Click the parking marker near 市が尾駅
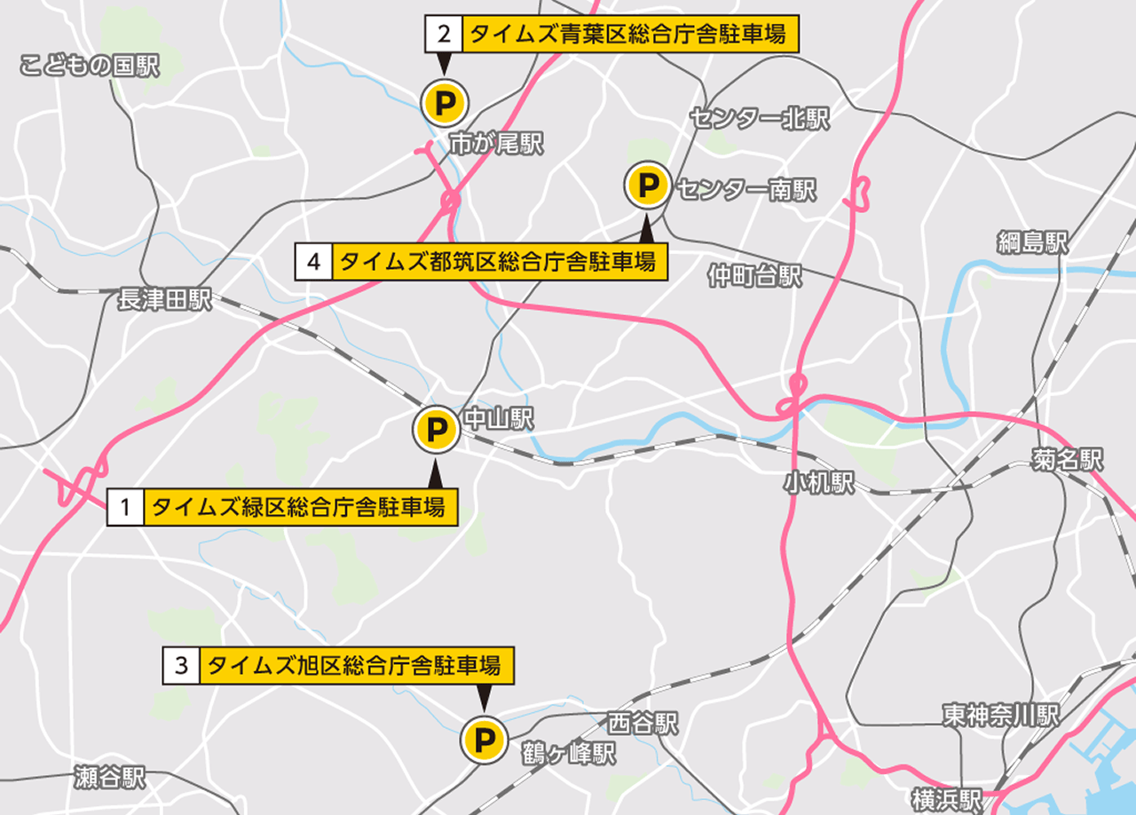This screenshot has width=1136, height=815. [x=443, y=102]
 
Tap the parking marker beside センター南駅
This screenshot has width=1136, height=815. [x=648, y=186]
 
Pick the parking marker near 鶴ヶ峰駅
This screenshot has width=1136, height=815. [x=484, y=740]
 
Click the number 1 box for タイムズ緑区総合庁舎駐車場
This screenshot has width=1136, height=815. [x=125, y=508]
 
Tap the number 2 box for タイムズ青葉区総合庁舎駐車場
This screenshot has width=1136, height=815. [x=444, y=35]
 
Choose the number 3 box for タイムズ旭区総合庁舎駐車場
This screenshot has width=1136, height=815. [x=181, y=665]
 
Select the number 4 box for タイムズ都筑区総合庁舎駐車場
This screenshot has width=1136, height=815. [x=313, y=262]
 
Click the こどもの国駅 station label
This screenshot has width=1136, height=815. [x=89, y=66]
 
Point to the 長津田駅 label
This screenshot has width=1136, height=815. [x=165, y=300]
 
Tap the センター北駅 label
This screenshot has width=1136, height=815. [x=759, y=119]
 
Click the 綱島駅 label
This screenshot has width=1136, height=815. [x=1032, y=242]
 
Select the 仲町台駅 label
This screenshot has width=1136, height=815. [x=754, y=276]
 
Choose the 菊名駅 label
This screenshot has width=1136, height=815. [x=1067, y=459]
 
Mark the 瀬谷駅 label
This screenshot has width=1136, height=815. [x=110, y=779]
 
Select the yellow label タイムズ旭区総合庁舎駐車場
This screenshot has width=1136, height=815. [x=356, y=665]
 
